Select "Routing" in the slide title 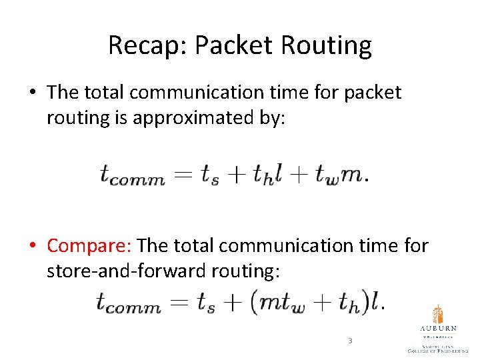point(327,46)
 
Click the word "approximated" point(195,118)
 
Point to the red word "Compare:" point(90,246)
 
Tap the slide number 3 point(349,341)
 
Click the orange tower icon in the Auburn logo point(437,315)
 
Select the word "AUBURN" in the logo point(438,328)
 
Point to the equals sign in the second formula point(178,303)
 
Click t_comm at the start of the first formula point(132,175)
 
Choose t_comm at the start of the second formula point(129,304)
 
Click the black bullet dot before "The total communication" point(33,93)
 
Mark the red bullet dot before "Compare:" point(33,246)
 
